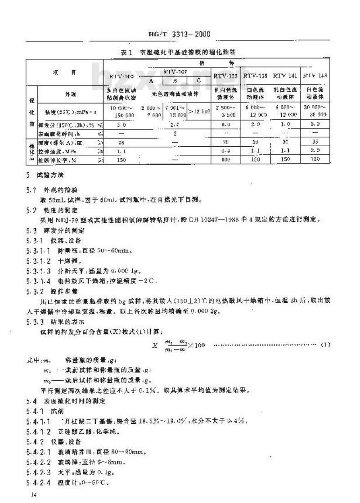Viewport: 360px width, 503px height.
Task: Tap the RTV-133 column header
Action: click(226, 76)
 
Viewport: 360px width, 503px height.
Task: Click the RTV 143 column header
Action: click(315, 76)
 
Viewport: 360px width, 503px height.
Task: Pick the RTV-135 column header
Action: click(255, 76)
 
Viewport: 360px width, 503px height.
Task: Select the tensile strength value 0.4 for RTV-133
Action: click(226, 151)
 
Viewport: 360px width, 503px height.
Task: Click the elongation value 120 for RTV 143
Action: click(315, 159)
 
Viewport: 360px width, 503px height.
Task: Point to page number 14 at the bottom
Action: click(32, 494)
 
